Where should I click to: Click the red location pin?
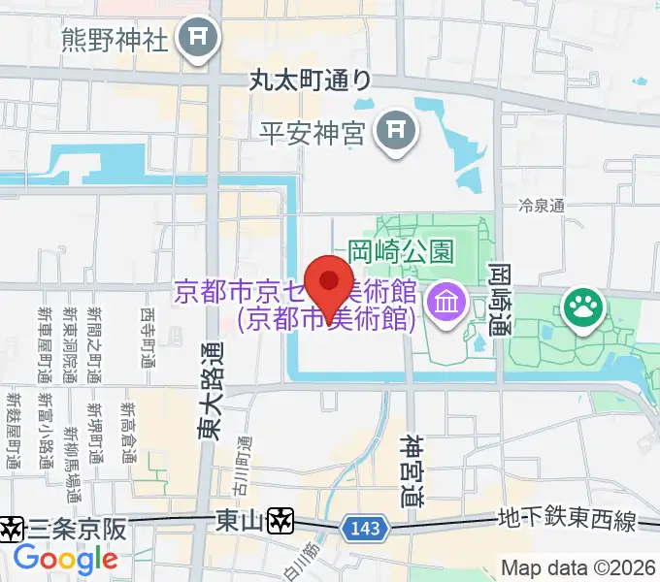coord(330,284)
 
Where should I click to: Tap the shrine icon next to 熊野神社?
coord(201,40)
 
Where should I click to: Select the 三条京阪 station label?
coord(78,529)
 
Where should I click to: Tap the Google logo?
coord(65,559)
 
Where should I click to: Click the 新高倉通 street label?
coord(129,433)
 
